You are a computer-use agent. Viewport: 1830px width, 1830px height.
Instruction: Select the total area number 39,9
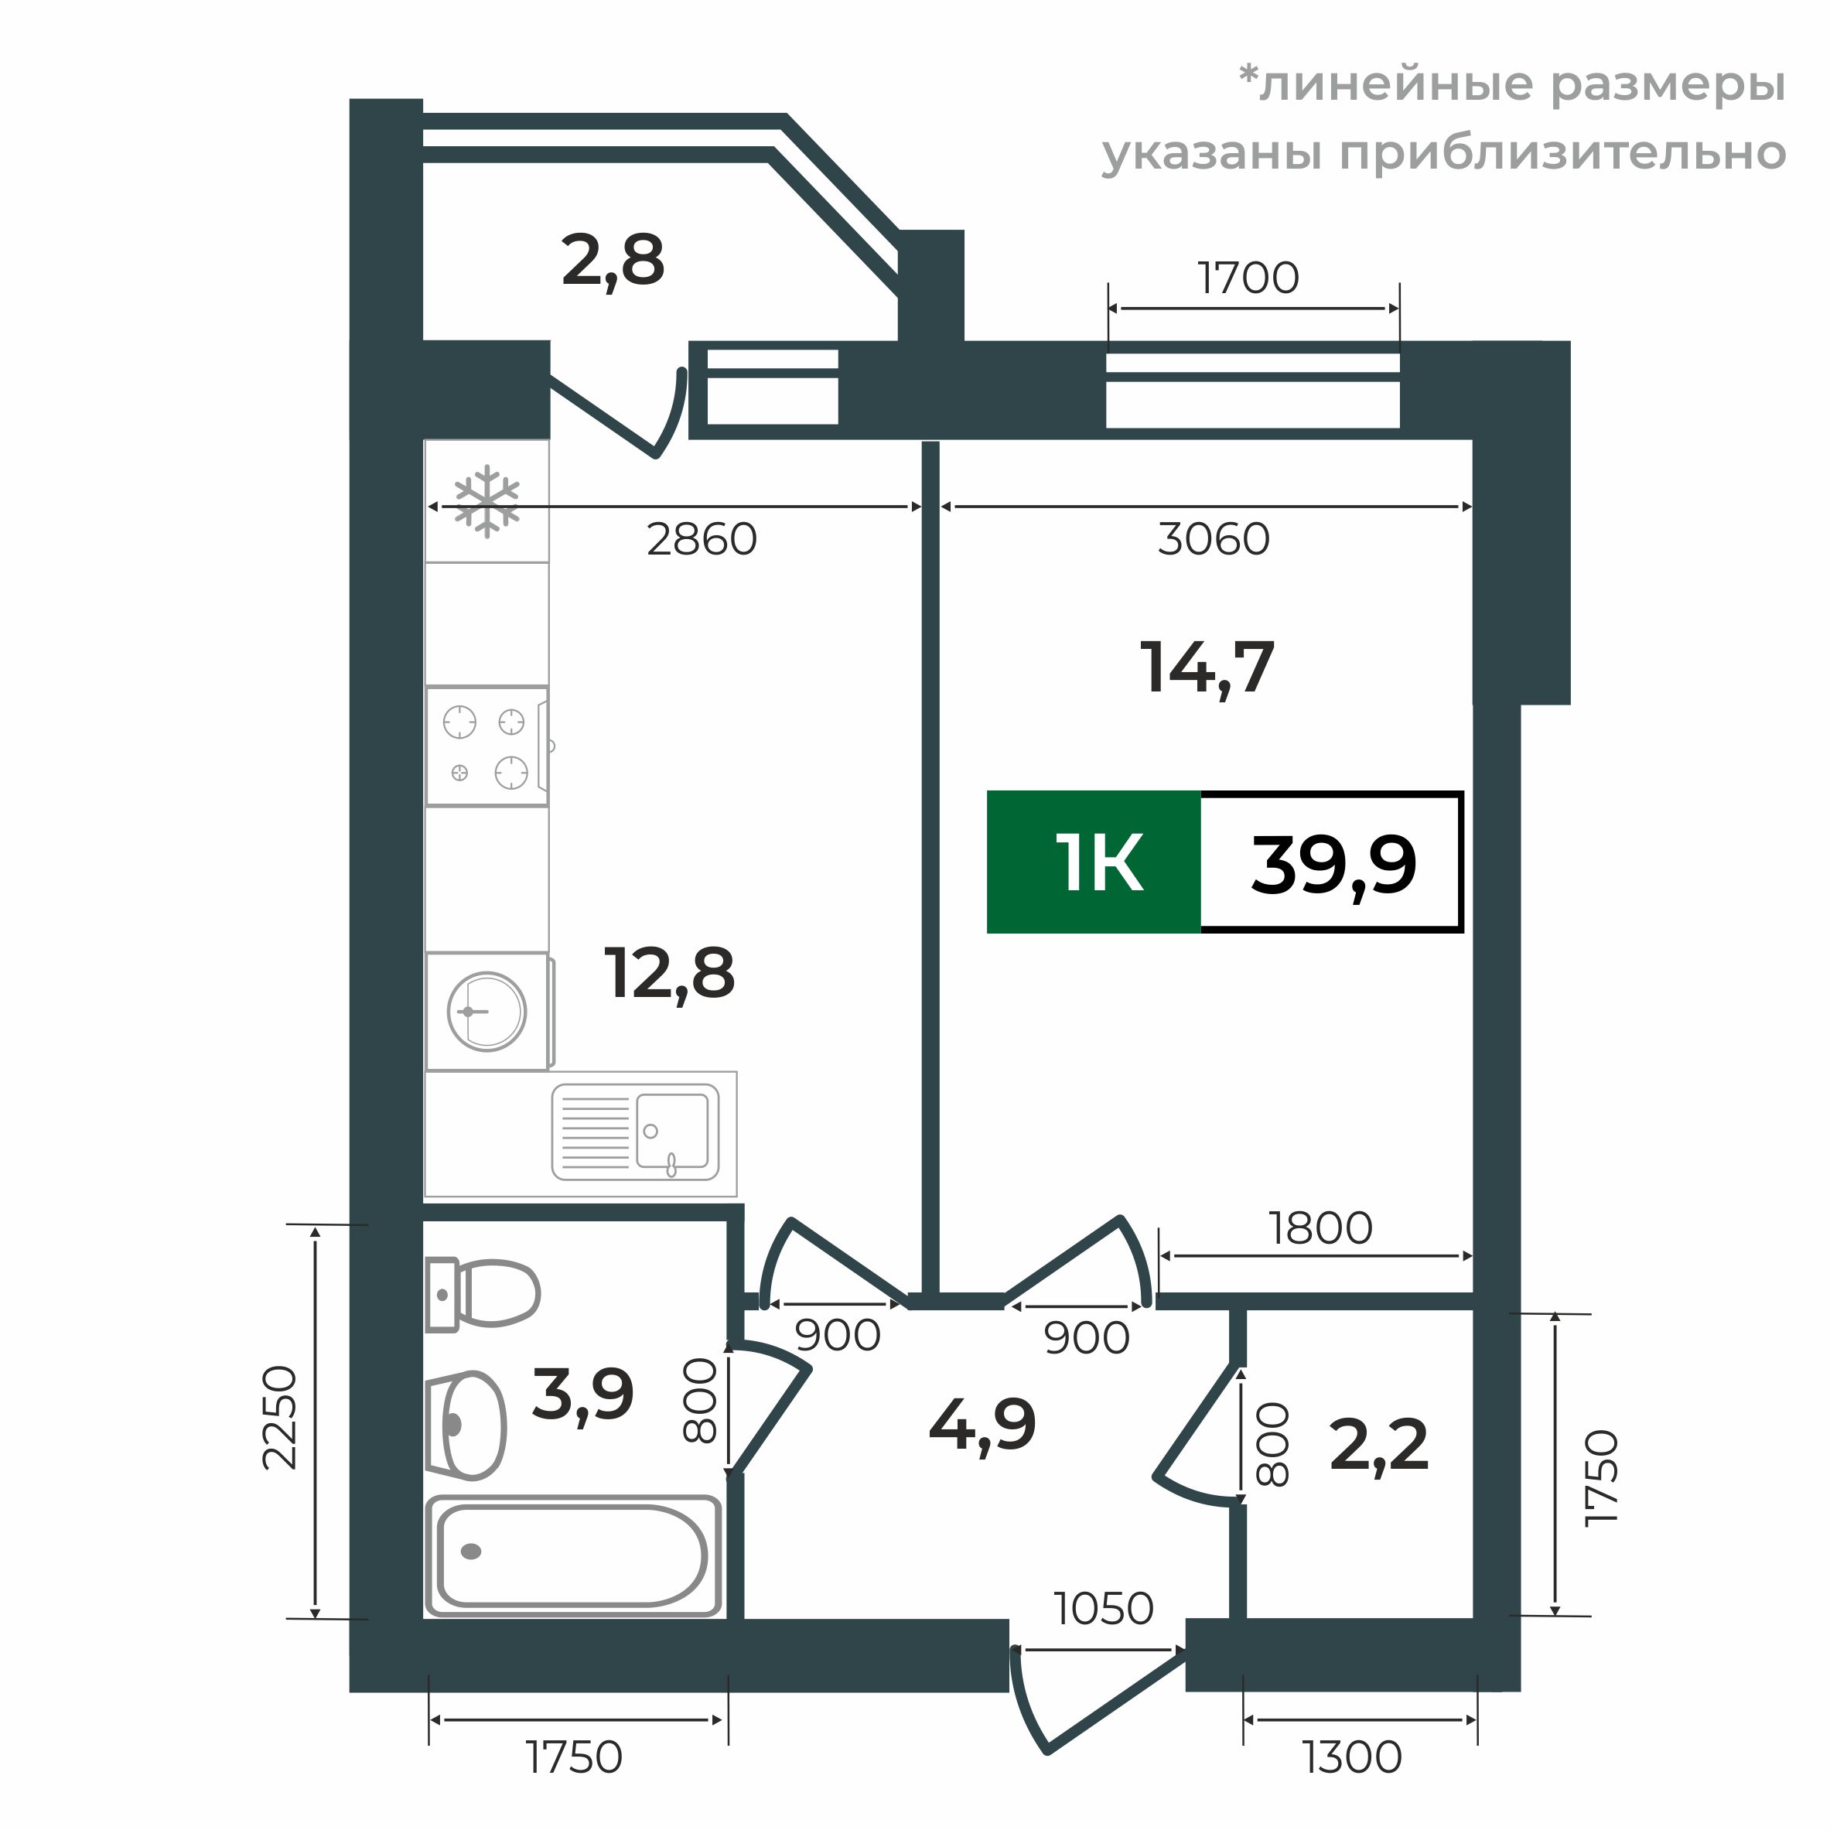click(1333, 865)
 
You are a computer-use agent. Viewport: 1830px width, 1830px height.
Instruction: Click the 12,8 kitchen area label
click(669, 974)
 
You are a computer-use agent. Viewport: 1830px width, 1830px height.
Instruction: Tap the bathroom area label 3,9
click(582, 1395)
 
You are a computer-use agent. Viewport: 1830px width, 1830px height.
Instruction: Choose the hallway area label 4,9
click(982, 1425)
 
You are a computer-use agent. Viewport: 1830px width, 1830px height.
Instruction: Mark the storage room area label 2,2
click(1378, 1446)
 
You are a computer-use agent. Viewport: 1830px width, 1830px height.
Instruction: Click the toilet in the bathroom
click(483, 1294)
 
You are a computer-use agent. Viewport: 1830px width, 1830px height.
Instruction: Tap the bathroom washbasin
click(468, 1425)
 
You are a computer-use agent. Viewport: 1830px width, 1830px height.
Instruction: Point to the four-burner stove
click(487, 746)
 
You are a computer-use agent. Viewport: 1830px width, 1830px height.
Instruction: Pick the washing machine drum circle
click(487, 1012)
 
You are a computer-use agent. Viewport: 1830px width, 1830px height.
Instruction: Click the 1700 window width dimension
click(1248, 278)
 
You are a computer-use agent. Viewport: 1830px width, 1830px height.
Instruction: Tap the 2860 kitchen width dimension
click(702, 539)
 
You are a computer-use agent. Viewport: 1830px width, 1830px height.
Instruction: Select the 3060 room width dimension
click(1214, 539)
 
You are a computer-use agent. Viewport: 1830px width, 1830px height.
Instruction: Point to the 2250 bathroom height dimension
click(279, 1417)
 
